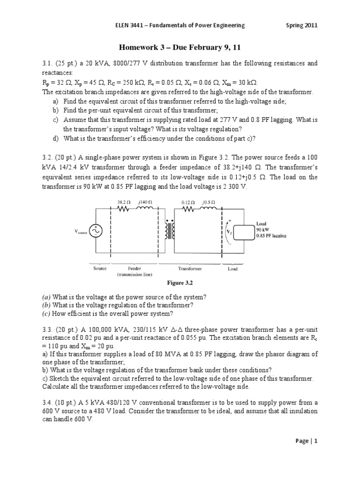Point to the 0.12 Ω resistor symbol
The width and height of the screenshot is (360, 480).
pyautogui.click(x=189, y=210)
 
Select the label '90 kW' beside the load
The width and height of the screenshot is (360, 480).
pyautogui.click(x=262, y=230)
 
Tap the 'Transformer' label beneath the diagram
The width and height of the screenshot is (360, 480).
pyautogui.click(x=189, y=269)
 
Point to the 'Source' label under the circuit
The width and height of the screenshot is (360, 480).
pyautogui.click(x=100, y=269)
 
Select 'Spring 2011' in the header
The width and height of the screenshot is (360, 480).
pyautogui.click(x=302, y=25)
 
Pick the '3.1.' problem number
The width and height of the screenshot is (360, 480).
pyautogui.click(x=49, y=63)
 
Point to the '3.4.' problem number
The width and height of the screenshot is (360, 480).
pyautogui.click(x=49, y=403)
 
